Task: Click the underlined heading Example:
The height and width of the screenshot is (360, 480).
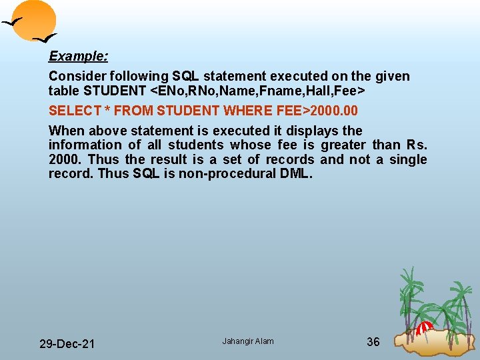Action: pyautogui.click(x=79, y=56)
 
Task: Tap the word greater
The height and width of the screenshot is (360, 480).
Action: pyautogui.click(x=343, y=145)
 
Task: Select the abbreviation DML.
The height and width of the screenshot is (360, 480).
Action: pyautogui.click(x=295, y=174)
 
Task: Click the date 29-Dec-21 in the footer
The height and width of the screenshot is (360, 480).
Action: pyautogui.click(x=67, y=344)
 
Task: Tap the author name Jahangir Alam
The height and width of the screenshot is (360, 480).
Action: pyautogui.click(x=248, y=341)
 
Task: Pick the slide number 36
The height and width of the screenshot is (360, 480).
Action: pyautogui.click(x=373, y=342)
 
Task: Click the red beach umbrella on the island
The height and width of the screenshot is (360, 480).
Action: pyautogui.click(x=424, y=327)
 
